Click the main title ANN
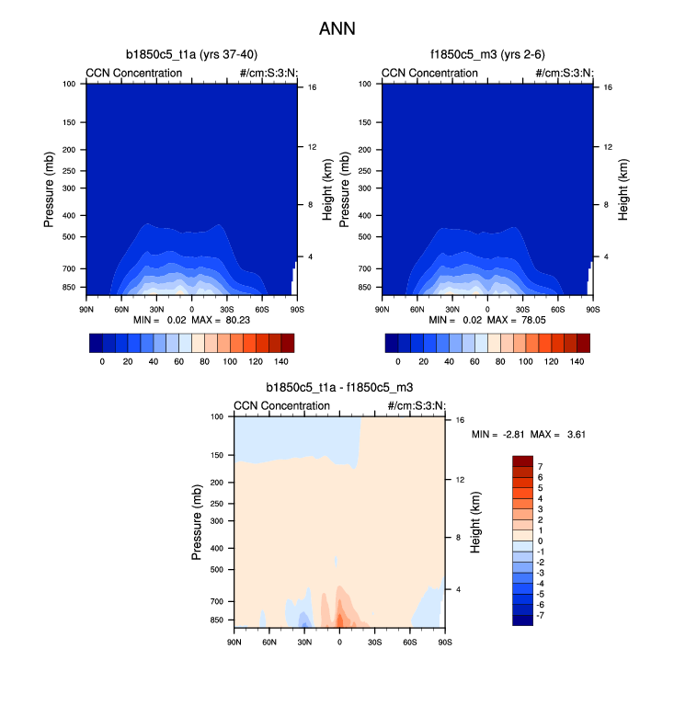coord(337,28)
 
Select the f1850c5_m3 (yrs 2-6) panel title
coord(486,54)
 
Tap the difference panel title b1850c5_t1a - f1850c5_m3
coord(339,389)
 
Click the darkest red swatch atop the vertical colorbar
coord(522,461)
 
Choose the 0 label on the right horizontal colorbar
coord(398,362)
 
